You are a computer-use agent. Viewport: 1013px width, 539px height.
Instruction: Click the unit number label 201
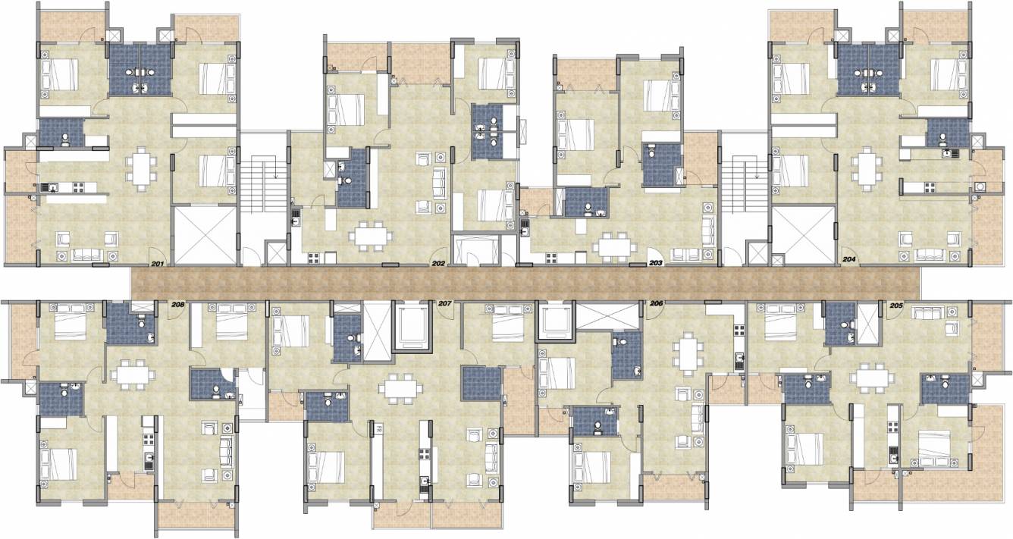(x=158, y=264)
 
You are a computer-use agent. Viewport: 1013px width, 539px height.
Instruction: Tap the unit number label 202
(x=438, y=264)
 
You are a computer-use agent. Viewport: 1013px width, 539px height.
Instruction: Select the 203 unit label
(x=656, y=264)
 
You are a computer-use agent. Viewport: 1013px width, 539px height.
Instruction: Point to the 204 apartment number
(x=849, y=259)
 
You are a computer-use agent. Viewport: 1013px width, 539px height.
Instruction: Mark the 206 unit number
(x=657, y=303)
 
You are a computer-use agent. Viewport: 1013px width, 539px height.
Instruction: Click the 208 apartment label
(x=178, y=305)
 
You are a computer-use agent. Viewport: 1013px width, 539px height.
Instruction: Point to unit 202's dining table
(x=372, y=234)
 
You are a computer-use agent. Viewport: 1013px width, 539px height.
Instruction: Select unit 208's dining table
(x=133, y=375)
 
